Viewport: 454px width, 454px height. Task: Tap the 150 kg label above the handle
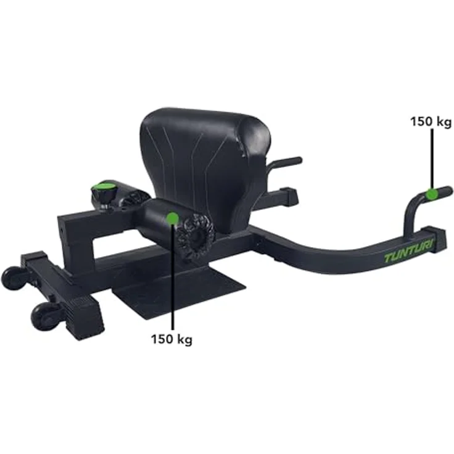[x=431, y=122]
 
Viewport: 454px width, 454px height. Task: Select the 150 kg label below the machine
[x=171, y=339]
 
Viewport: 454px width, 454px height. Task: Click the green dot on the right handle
[x=431, y=194]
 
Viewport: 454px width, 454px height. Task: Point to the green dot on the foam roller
[x=173, y=218]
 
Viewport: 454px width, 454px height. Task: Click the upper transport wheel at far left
[x=14, y=278]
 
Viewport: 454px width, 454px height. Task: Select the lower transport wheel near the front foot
[x=43, y=316]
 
